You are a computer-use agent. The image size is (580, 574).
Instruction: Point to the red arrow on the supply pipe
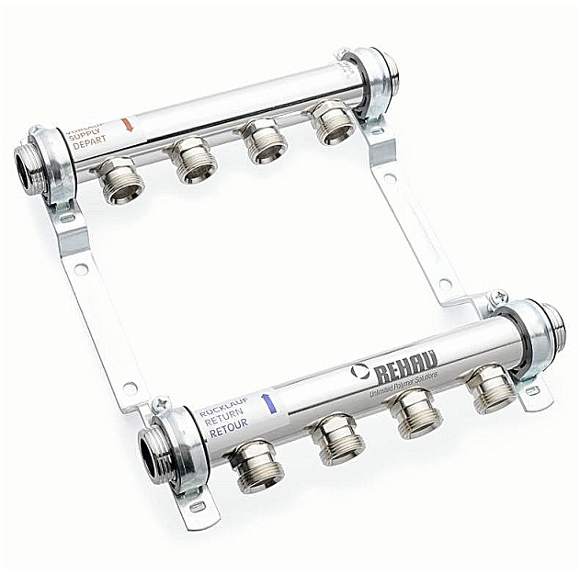[x=128, y=123]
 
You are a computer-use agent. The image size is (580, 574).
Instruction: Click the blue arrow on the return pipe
[x=267, y=402]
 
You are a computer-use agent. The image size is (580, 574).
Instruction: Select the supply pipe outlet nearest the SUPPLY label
[x=120, y=180]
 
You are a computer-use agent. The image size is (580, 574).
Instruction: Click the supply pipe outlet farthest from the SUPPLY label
[x=330, y=123]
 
